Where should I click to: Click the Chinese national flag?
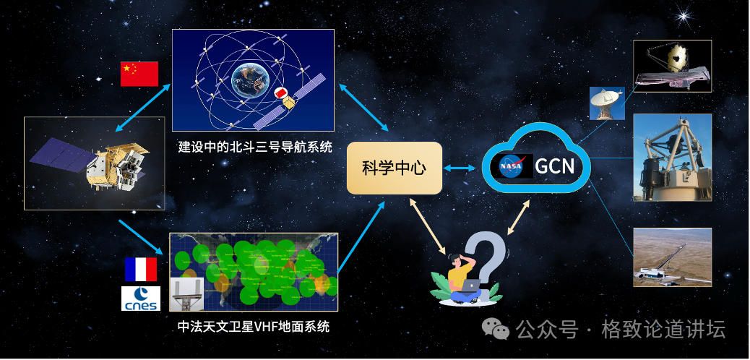pos(139,74)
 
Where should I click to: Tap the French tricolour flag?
pos(141,270)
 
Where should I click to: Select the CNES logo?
pos(141,299)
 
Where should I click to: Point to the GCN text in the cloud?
pos(554,166)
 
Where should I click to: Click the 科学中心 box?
pos(394,168)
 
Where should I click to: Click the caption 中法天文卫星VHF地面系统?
pos(254,327)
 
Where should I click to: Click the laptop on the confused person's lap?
pos(470,286)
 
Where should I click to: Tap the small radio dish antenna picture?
pos(607,103)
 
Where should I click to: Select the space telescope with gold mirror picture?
pos(672,66)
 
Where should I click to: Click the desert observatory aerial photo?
pos(672,257)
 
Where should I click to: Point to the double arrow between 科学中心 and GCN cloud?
pos(460,168)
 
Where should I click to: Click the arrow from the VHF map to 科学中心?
pos(361,236)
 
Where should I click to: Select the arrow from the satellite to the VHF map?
pos(141,237)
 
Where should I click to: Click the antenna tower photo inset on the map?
pos(186,294)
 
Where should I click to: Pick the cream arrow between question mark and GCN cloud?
pos(519,217)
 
